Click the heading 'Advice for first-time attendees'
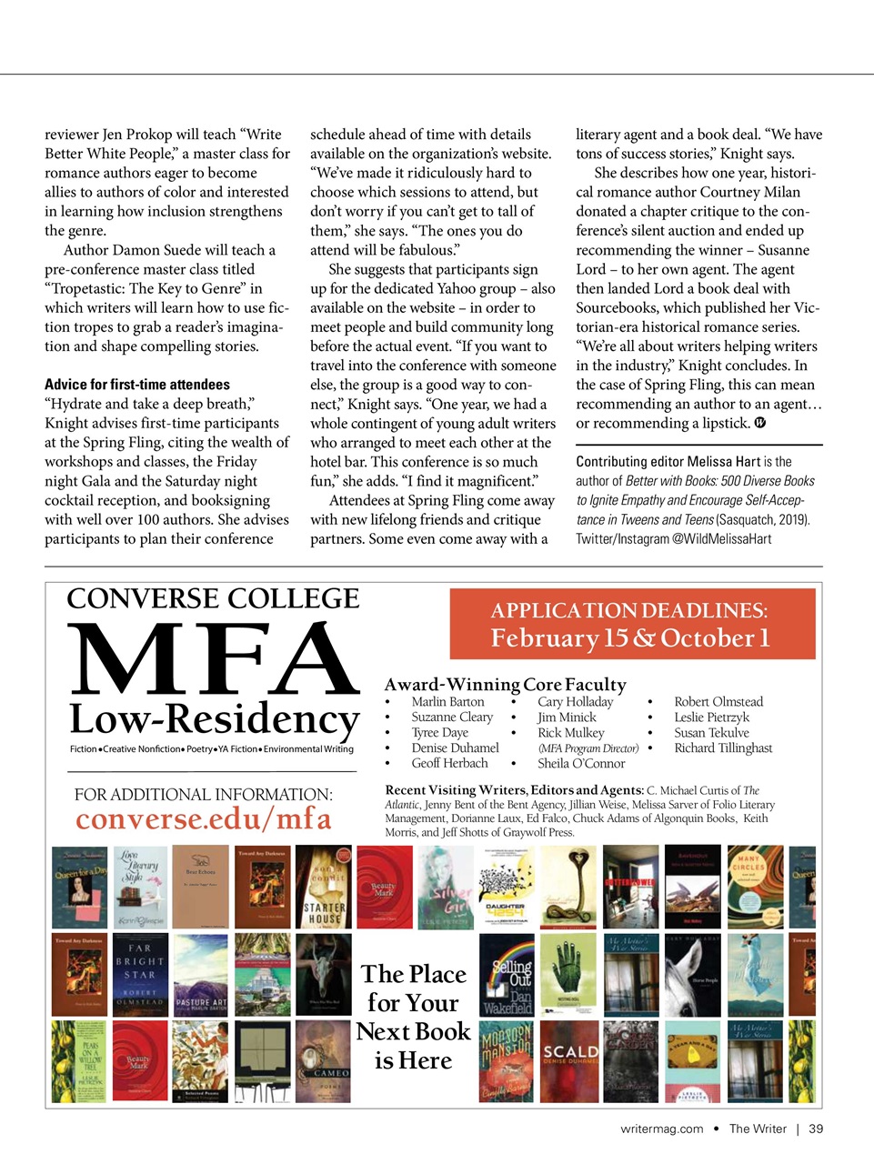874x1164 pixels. click(x=137, y=385)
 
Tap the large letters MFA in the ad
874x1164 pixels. click(x=214, y=660)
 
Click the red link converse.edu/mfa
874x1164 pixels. click(x=203, y=819)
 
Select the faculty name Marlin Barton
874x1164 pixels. click(x=447, y=702)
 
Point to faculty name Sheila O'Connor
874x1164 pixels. click(x=581, y=764)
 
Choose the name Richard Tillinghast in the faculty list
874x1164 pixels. click(x=723, y=748)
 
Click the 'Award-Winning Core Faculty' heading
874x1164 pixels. click(x=505, y=685)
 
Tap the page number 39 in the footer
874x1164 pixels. click(x=816, y=1129)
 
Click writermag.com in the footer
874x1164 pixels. click(x=661, y=1129)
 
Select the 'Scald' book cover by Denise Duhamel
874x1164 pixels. click(x=570, y=1061)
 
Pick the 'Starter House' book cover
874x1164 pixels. click(x=324, y=888)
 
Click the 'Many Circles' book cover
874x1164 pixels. click(x=755, y=888)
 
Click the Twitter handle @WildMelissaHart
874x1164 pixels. click(x=721, y=539)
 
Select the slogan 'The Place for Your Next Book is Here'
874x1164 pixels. click(x=414, y=1017)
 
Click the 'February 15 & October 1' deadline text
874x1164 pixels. click(x=631, y=638)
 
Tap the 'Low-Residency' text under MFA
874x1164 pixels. click(x=215, y=719)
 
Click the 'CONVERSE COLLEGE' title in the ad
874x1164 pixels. click(x=214, y=599)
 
